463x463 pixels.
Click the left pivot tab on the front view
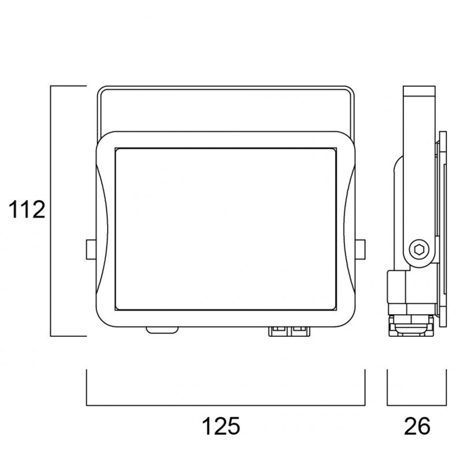90,249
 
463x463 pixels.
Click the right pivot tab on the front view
361,249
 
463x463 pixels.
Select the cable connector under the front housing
290,330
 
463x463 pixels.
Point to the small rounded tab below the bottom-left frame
162,329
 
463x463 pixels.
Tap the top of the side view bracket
419,91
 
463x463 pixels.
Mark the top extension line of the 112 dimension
68,86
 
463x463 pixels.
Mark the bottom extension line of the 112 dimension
68,336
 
